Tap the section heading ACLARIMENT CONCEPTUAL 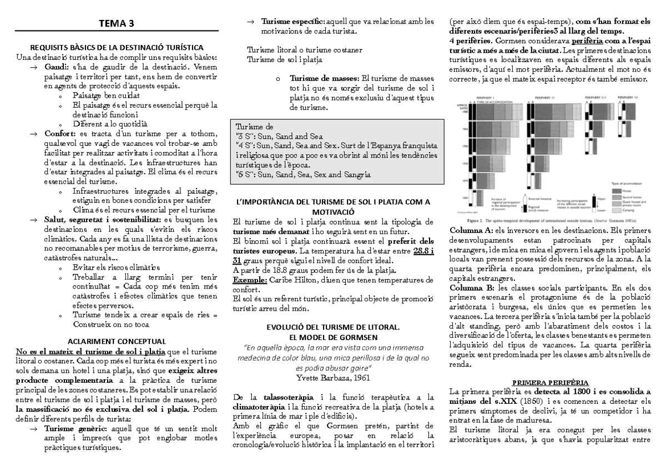117,341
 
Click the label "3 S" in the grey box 246,135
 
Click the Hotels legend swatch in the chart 617,190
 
